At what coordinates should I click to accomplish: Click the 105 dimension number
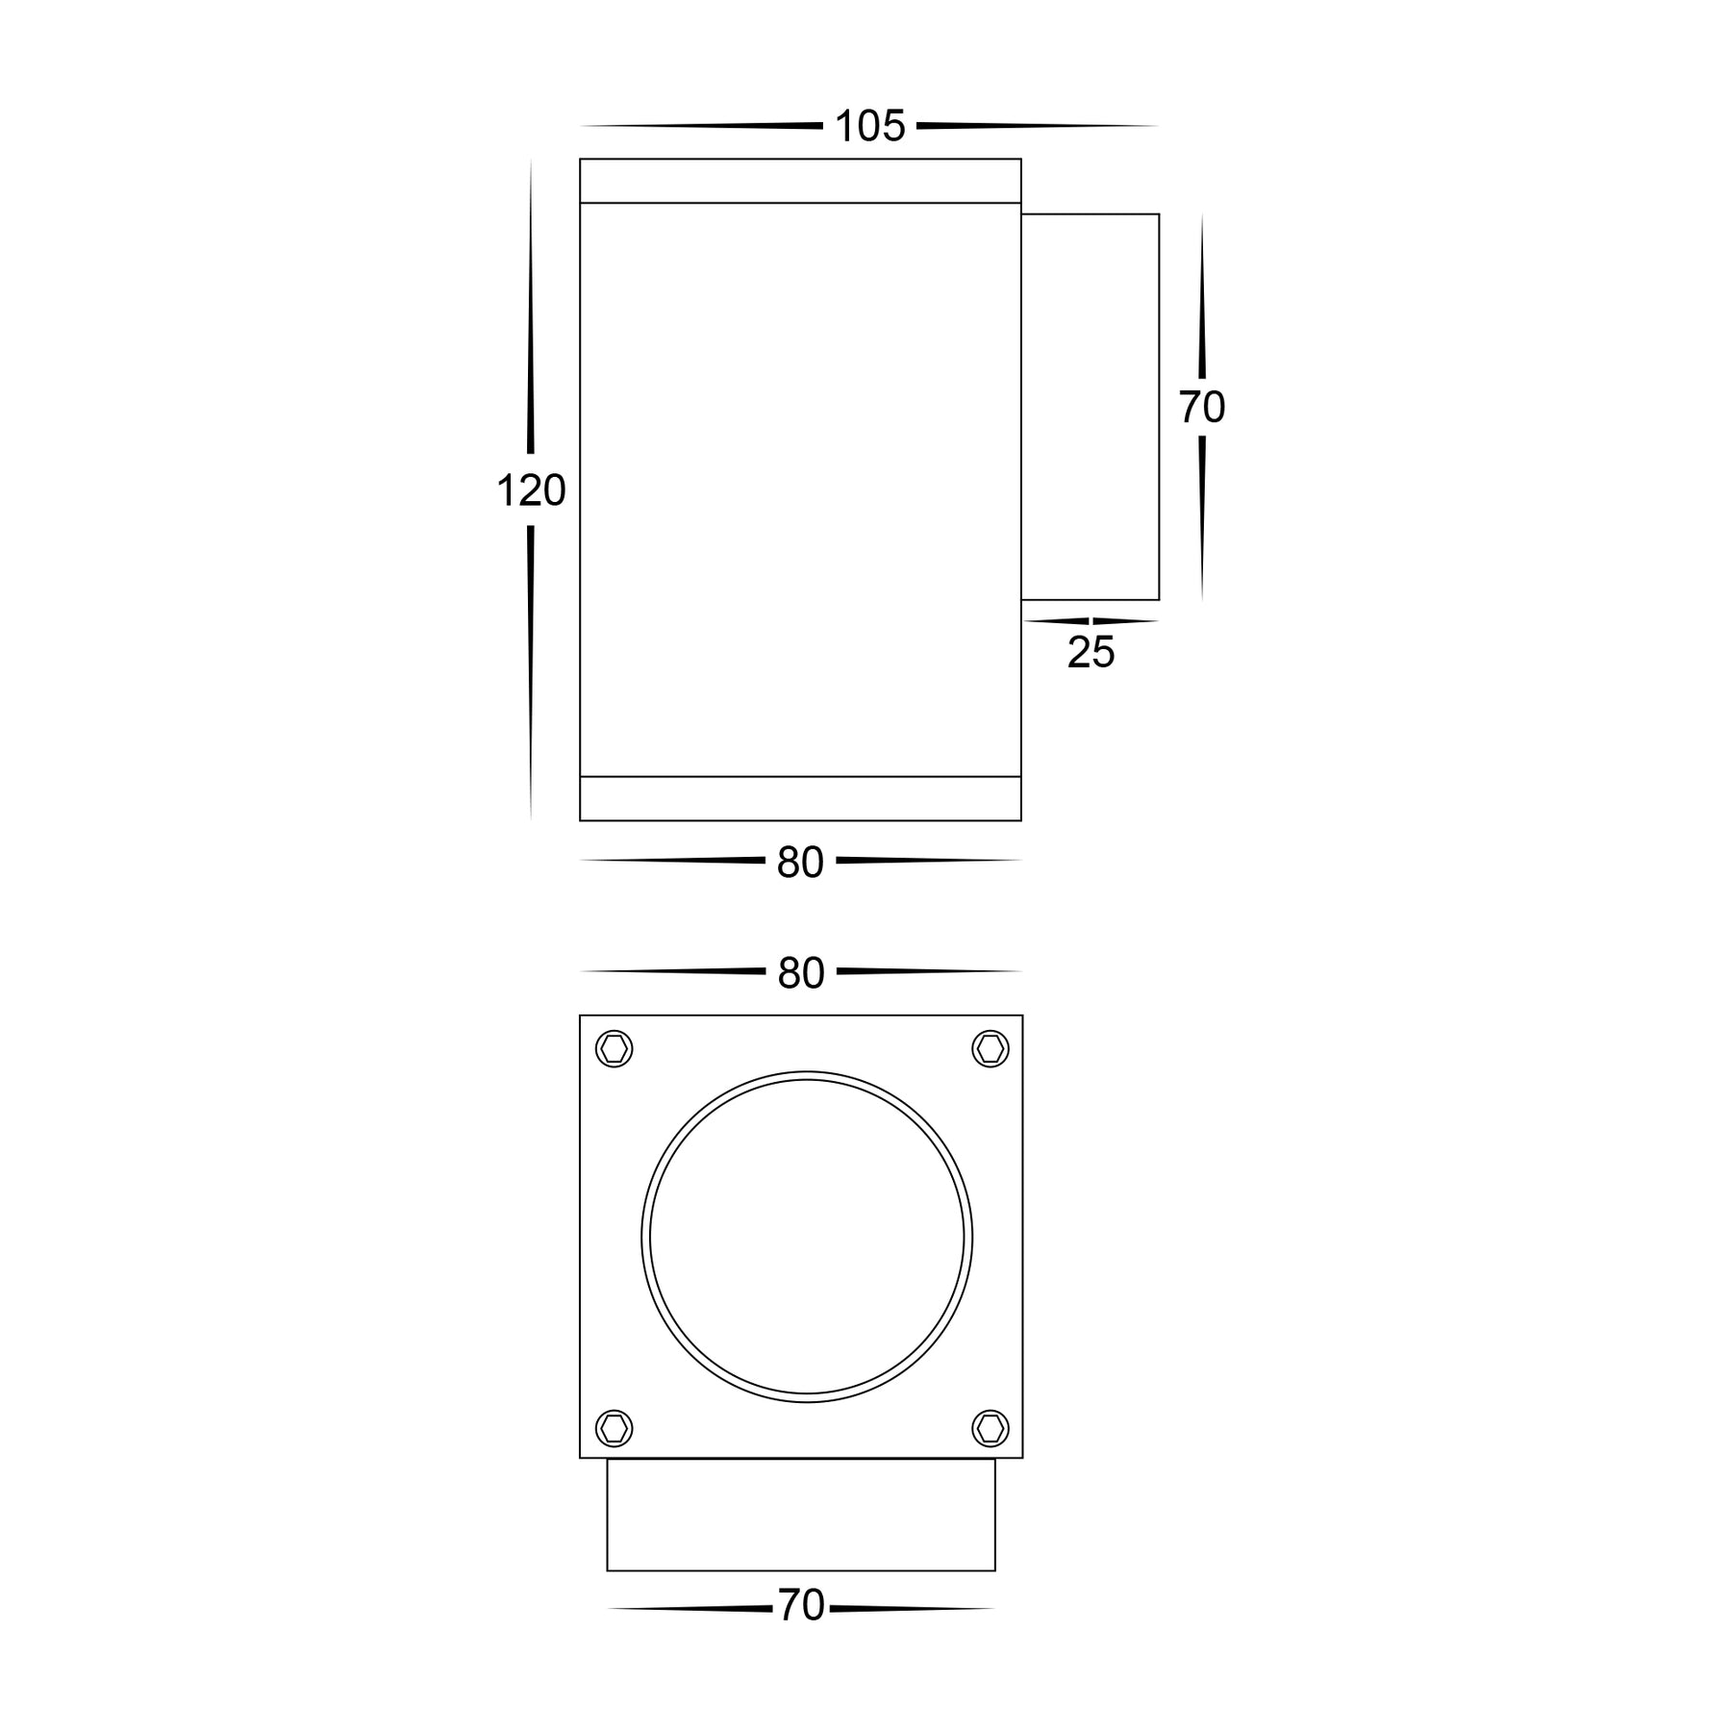click(x=869, y=127)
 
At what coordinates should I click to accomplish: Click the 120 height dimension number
click(x=531, y=491)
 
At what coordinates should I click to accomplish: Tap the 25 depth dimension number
click(x=1091, y=653)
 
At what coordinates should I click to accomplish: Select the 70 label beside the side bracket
click(x=1202, y=408)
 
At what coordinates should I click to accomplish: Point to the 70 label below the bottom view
click(x=801, y=1605)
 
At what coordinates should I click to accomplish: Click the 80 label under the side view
click(x=800, y=863)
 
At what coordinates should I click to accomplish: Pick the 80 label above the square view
click(x=801, y=973)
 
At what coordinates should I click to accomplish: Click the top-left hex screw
click(x=615, y=1048)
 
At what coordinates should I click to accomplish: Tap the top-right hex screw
click(x=991, y=1048)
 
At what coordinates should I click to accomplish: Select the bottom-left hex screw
click(x=615, y=1428)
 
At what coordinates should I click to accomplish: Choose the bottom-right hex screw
click(x=991, y=1428)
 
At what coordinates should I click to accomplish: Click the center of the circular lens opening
click(x=807, y=1237)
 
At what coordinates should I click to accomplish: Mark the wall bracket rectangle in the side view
click(x=1090, y=407)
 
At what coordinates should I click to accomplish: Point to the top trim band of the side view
click(x=800, y=181)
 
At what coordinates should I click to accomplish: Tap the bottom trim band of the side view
click(x=800, y=798)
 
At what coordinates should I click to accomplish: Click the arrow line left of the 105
click(x=702, y=126)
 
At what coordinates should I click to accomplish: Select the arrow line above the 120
click(x=531, y=308)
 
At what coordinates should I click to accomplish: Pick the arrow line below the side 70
click(x=1202, y=519)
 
